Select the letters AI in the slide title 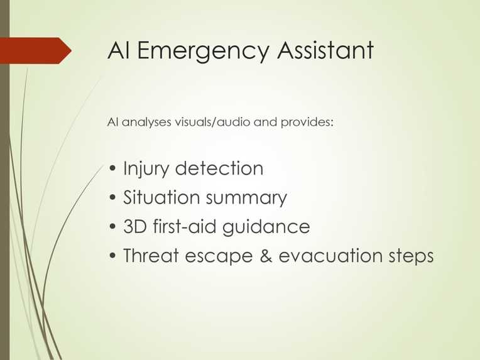click(119, 50)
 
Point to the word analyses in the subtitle click(146, 122)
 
